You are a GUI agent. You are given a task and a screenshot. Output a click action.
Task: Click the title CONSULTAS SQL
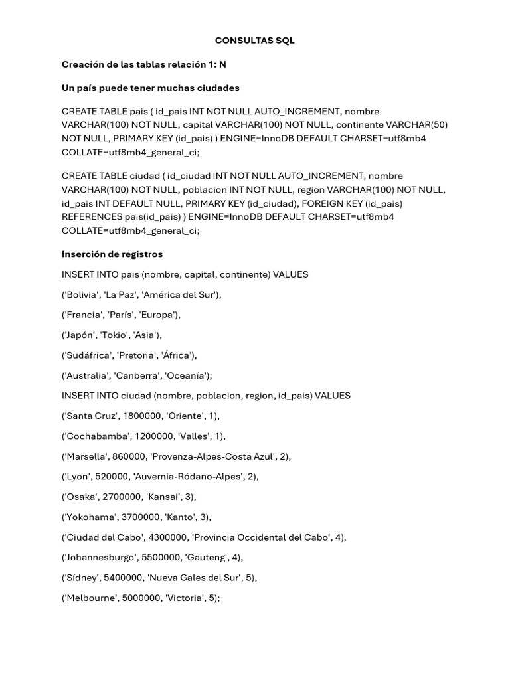[x=254, y=41]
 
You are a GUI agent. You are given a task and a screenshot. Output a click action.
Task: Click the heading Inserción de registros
[x=112, y=254]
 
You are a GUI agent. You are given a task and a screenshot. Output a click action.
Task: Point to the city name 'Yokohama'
[x=87, y=517]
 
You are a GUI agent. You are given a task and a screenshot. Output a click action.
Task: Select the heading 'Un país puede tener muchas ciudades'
[x=151, y=88]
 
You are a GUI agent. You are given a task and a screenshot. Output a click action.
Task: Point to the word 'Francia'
[x=82, y=315]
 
